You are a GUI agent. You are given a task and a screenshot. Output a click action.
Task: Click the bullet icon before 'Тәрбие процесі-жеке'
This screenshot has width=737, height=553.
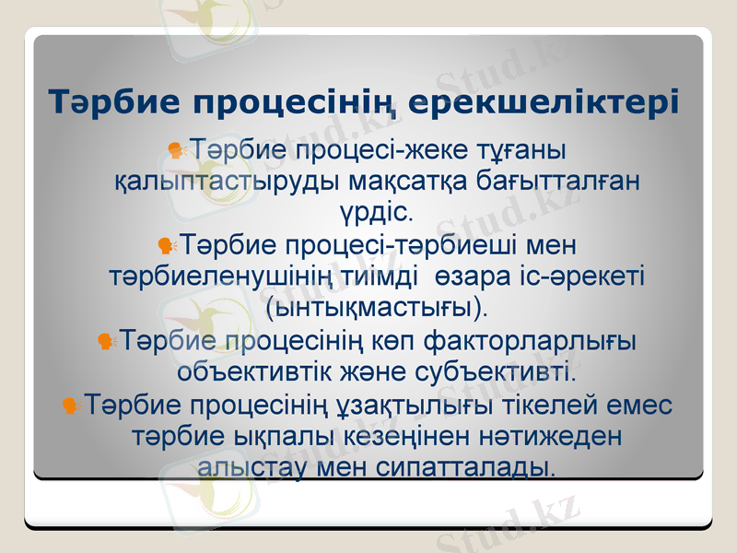(176, 148)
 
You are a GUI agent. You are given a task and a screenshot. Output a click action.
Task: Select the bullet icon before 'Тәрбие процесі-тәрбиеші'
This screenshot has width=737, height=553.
(167, 245)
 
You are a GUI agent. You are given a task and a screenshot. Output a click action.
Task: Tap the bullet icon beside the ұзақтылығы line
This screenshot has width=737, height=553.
(71, 404)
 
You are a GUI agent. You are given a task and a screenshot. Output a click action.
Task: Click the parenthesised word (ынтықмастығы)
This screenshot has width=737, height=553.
(377, 307)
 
